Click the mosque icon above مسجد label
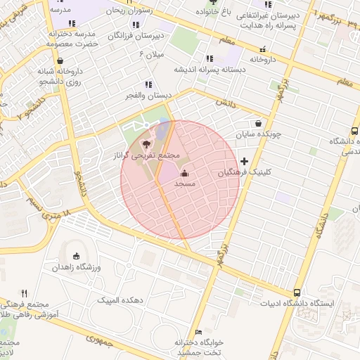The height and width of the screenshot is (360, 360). [185, 173]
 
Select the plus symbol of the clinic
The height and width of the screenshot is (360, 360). [244, 162]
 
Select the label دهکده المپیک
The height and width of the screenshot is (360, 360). [122, 300]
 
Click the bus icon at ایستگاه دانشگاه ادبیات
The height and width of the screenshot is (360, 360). [297, 292]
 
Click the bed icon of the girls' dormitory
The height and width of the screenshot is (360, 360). [198, 332]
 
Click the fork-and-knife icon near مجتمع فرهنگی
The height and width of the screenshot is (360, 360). [25, 293]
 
